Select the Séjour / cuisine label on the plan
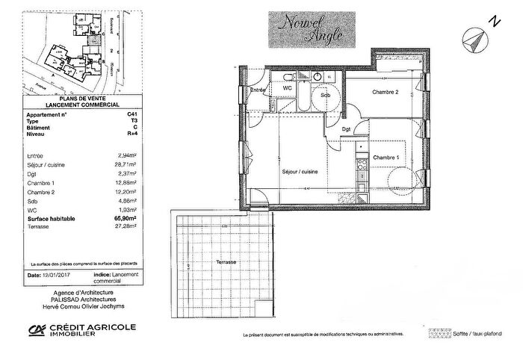click(x=299, y=173)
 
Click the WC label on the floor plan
click(x=287, y=88)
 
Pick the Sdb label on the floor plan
click(x=326, y=96)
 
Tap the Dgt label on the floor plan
click(x=347, y=129)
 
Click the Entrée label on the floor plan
click(x=259, y=90)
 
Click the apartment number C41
click(x=112, y=114)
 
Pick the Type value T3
click(x=114, y=121)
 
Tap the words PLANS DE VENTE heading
click(x=73, y=99)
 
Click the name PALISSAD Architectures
click(x=72, y=300)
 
